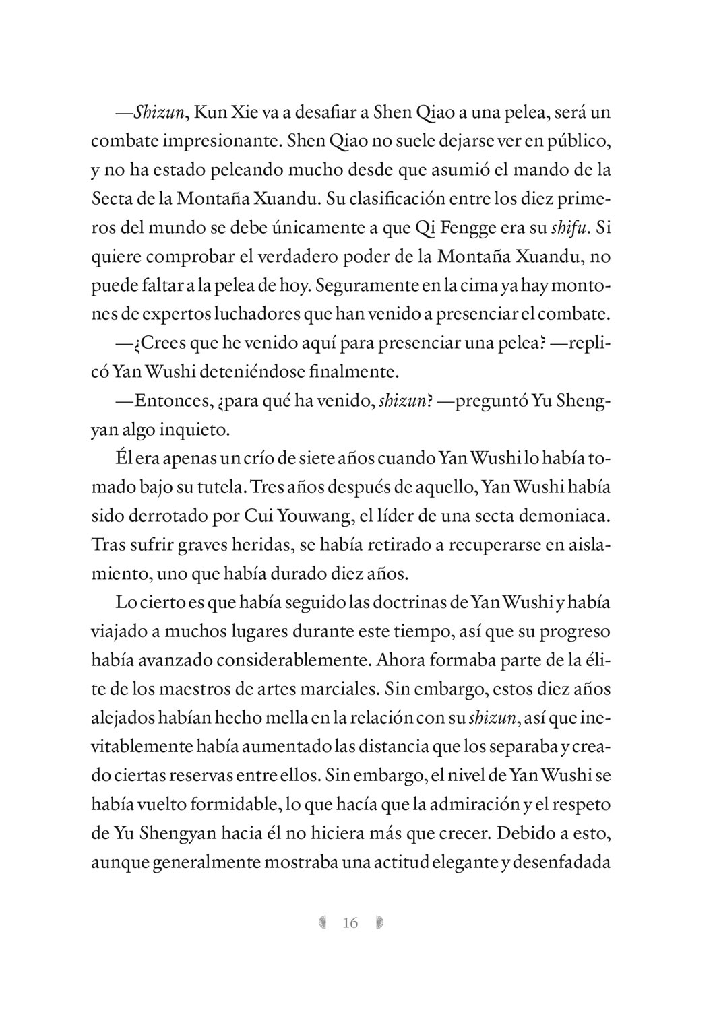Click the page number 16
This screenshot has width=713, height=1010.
coord(350,922)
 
